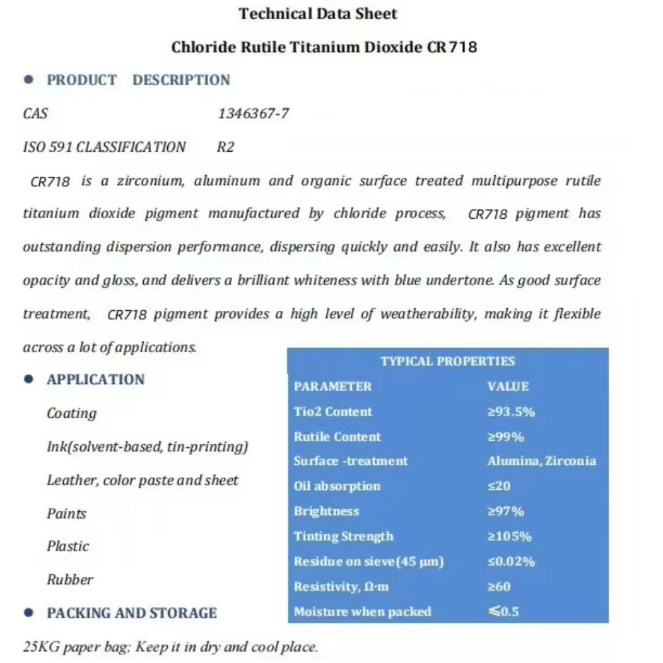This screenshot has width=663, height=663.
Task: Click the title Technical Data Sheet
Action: pyautogui.click(x=318, y=13)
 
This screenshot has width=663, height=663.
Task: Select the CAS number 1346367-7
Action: pyautogui.click(x=253, y=113)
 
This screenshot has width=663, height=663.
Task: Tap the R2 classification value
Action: pyautogui.click(x=225, y=147)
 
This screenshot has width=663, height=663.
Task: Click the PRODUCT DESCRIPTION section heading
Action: pyautogui.click(x=138, y=80)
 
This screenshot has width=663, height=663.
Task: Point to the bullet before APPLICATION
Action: pyautogui.click(x=29, y=379)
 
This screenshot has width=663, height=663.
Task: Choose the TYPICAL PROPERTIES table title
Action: pyautogui.click(x=448, y=361)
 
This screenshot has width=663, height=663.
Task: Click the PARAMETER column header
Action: pyautogui.click(x=332, y=387)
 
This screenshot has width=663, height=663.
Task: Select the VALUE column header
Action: pyautogui.click(x=508, y=387)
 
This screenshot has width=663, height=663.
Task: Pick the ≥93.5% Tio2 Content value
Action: pyautogui.click(x=511, y=412)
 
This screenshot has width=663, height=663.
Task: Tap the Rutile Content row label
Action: pyautogui.click(x=337, y=437)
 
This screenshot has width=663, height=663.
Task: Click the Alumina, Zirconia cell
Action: pyautogui.click(x=541, y=461)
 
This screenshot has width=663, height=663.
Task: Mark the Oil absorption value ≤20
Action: pyautogui.click(x=499, y=486)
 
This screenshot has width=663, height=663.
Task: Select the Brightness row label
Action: pyautogui.click(x=326, y=511)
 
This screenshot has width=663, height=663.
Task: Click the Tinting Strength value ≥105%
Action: pyautogui.click(x=509, y=536)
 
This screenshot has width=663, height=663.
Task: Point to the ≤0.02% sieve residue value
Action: pyautogui.click(x=511, y=562)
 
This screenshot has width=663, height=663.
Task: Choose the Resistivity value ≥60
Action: pyautogui.click(x=499, y=587)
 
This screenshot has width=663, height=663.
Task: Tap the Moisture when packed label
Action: pyautogui.click(x=362, y=611)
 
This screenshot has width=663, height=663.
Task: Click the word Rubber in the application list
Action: pyautogui.click(x=70, y=579)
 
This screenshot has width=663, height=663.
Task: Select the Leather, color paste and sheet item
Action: pyautogui.click(x=142, y=480)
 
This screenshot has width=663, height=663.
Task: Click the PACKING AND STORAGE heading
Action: pyautogui.click(x=131, y=613)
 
